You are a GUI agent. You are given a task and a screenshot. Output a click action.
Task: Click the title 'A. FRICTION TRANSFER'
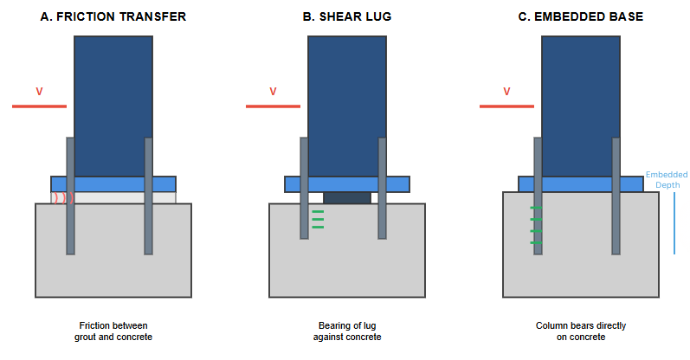pyautogui.click(x=113, y=16)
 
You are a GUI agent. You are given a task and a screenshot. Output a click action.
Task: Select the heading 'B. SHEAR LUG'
pyautogui.click(x=346, y=16)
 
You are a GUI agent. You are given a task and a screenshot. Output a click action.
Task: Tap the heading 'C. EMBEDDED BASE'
pyautogui.click(x=580, y=16)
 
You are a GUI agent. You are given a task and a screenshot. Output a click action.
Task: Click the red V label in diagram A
pyautogui.click(x=39, y=91)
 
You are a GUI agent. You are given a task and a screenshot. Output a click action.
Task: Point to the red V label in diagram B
pyautogui.click(x=273, y=91)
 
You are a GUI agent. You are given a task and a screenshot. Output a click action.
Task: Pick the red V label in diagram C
pyautogui.click(x=506, y=91)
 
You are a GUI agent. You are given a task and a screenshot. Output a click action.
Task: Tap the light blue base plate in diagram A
pyautogui.click(x=113, y=184)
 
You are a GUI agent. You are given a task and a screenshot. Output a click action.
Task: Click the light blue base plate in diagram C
pyautogui.click(x=581, y=184)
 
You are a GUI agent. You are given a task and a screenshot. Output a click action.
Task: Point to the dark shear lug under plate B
pyautogui.click(x=347, y=198)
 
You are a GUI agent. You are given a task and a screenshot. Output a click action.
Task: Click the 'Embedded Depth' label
pyautogui.click(x=667, y=180)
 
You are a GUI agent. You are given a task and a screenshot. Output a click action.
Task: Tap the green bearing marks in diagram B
pyautogui.click(x=317, y=220)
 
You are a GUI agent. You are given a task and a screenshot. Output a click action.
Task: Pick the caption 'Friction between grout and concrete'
pyautogui.click(x=113, y=331)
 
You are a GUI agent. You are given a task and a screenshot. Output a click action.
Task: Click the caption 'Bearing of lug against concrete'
pyautogui.click(x=347, y=331)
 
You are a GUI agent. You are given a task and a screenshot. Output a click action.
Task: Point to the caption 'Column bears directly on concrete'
pyautogui.click(x=581, y=331)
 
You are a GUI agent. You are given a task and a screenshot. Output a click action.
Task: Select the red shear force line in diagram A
pyautogui.click(x=39, y=106)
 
